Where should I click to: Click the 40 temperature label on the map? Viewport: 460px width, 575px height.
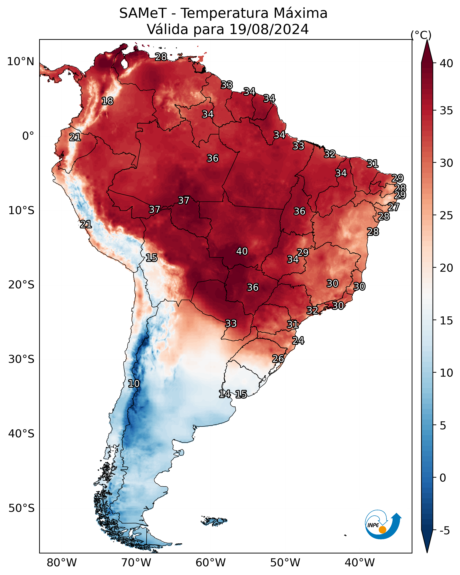[242, 251]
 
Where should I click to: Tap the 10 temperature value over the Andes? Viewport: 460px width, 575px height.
[134, 384]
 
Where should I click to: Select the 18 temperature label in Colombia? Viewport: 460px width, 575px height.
[107, 101]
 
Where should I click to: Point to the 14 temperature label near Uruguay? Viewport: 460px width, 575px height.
[225, 394]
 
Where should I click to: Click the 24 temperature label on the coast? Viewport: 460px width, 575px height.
[298, 341]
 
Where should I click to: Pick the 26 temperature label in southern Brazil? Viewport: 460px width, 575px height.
[278, 359]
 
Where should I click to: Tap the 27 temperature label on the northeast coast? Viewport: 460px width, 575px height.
[393, 207]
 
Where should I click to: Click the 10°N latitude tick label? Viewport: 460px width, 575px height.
[20, 62]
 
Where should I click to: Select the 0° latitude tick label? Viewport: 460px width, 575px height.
[28, 136]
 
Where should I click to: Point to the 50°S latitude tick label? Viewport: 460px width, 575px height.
[21, 508]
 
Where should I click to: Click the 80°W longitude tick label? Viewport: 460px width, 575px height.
[62, 563]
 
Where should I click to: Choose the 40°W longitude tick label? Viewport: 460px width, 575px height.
[360, 563]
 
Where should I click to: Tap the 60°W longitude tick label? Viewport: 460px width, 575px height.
[211, 563]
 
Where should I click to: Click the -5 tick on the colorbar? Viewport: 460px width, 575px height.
[444, 531]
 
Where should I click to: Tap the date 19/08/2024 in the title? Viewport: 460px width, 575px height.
[269, 29]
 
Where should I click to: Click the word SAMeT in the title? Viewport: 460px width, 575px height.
[143, 13]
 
